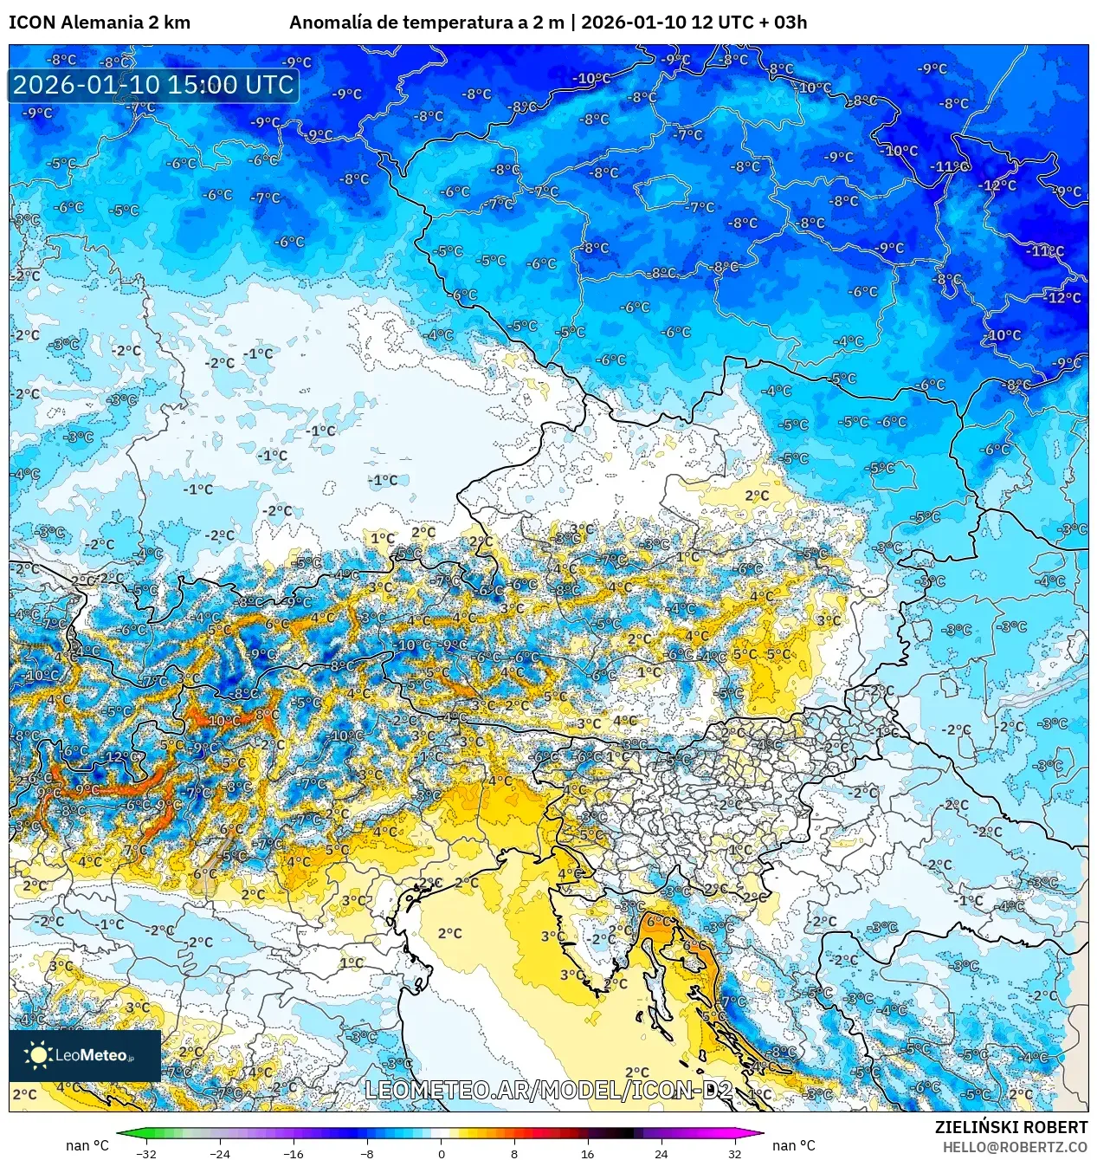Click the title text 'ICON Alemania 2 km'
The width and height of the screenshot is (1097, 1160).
[x=100, y=23]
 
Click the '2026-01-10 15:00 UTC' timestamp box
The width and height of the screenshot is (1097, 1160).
[x=153, y=85]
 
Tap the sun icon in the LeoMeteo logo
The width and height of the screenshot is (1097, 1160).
[x=38, y=1054]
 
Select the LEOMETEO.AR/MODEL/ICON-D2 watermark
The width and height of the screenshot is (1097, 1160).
[x=549, y=1090]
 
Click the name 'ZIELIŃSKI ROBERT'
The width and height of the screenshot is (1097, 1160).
[x=1010, y=1127]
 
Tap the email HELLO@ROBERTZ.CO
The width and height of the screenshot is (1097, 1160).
[x=1015, y=1147]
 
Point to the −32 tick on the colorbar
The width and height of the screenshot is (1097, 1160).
[x=146, y=1153]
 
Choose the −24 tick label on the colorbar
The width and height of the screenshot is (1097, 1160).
[x=220, y=1153]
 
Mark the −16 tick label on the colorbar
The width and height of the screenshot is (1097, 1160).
[x=294, y=1153]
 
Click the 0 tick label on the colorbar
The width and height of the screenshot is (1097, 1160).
[x=441, y=1153]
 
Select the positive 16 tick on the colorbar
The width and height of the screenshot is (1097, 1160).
[x=588, y=1153]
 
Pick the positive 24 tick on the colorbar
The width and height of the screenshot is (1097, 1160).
[x=661, y=1153]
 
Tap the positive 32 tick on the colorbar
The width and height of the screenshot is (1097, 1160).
[x=735, y=1153]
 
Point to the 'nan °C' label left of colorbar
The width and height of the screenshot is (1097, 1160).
[x=87, y=1145]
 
